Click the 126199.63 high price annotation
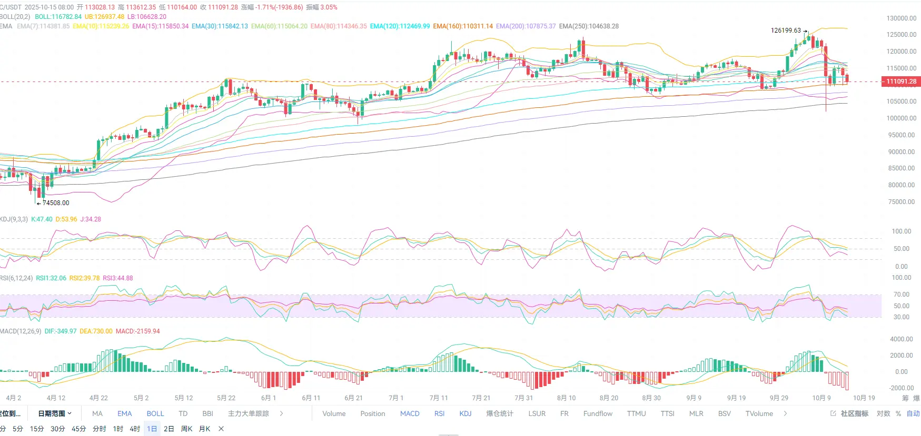(x=786, y=31)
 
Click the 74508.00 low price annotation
(x=56, y=203)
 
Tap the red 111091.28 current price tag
(x=901, y=82)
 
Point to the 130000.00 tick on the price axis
(x=901, y=18)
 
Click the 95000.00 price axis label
(x=901, y=135)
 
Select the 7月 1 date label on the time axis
(x=396, y=398)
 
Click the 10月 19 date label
(x=864, y=398)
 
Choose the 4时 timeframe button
(x=135, y=429)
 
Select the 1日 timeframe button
(x=152, y=429)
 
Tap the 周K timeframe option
(x=186, y=429)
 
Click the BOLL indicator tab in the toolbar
(x=155, y=414)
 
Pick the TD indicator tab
(x=183, y=414)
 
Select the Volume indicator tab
(x=334, y=414)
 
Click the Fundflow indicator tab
(x=598, y=414)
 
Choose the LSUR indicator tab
(x=537, y=414)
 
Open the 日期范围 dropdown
(x=55, y=414)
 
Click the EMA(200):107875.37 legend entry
(x=526, y=26)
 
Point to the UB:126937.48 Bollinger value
(x=104, y=17)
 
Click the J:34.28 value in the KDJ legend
(x=91, y=219)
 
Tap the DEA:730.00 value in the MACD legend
(x=96, y=331)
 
